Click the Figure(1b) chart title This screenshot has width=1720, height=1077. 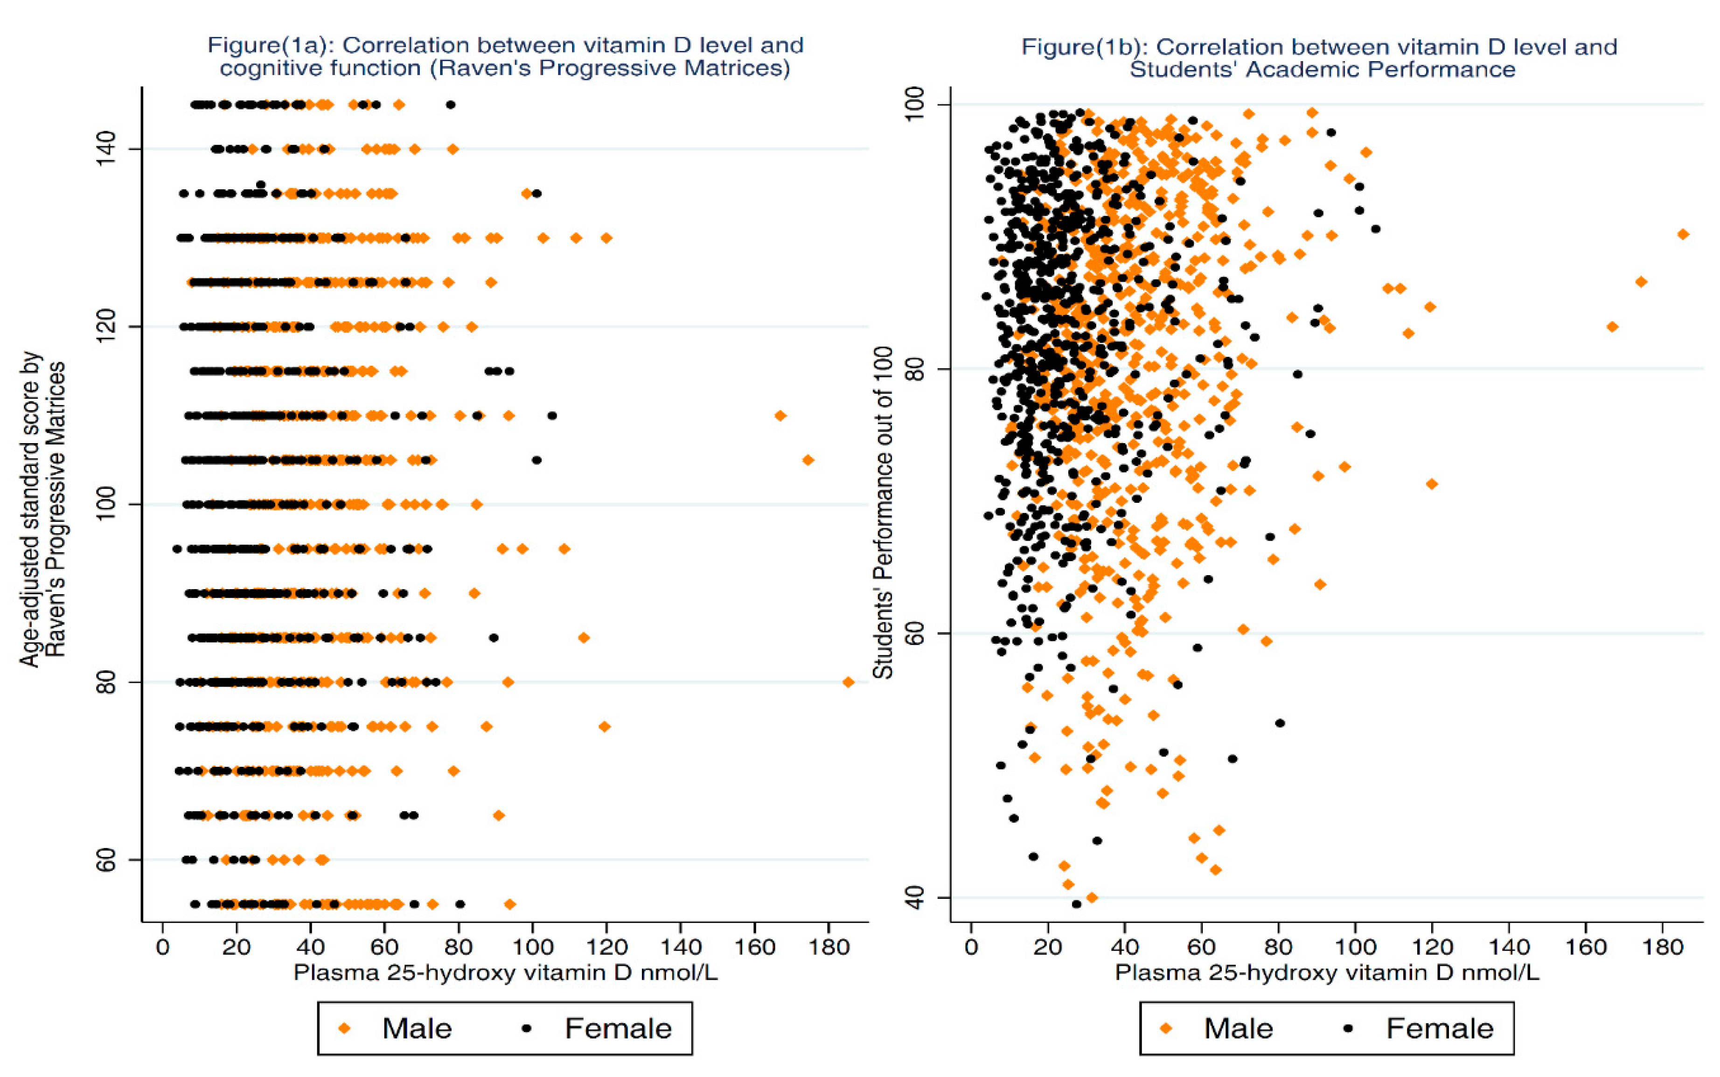[1319, 58]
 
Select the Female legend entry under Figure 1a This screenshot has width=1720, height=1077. [598, 1028]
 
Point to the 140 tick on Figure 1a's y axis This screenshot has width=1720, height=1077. [107, 149]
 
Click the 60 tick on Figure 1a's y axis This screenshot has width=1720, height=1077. [107, 860]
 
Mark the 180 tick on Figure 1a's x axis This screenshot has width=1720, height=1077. [829, 947]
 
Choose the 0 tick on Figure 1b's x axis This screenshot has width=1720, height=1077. [971, 947]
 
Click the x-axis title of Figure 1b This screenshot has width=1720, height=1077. [1326, 973]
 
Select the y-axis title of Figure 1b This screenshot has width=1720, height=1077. [883, 513]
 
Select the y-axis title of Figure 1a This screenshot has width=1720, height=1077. [43, 509]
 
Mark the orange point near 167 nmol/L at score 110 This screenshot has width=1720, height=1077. [780, 415]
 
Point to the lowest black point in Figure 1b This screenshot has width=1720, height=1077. [1076, 904]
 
